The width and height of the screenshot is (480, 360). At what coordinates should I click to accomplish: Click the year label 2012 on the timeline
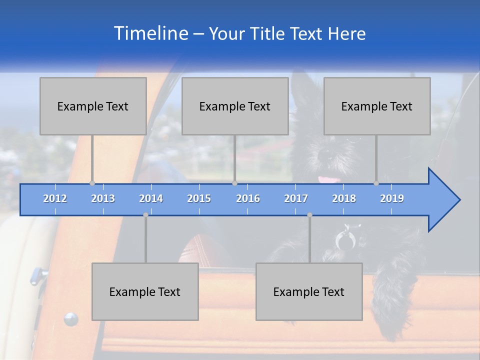(x=55, y=198)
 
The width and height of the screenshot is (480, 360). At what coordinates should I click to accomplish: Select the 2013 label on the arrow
(x=103, y=198)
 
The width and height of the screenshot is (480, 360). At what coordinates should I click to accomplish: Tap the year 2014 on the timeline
(x=151, y=198)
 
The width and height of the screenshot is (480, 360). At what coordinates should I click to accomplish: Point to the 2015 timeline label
(x=199, y=198)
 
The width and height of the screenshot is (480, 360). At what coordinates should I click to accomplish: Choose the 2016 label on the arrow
(x=248, y=198)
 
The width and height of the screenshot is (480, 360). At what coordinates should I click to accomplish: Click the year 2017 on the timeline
(x=296, y=198)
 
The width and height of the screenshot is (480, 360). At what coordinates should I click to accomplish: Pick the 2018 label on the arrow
(x=344, y=198)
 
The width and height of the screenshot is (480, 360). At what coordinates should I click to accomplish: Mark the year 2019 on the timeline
(x=392, y=198)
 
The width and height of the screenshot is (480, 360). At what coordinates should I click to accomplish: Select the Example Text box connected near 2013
(x=93, y=106)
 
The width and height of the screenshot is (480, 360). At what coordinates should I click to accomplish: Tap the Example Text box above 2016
(x=235, y=106)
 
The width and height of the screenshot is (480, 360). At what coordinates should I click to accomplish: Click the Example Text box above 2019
(x=377, y=106)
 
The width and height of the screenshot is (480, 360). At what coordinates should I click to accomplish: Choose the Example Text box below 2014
(x=145, y=291)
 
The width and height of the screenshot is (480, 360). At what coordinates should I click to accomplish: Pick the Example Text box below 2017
(x=309, y=291)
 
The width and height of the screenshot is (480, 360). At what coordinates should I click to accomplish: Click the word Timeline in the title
(x=150, y=33)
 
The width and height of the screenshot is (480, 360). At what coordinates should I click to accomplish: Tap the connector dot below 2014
(x=145, y=214)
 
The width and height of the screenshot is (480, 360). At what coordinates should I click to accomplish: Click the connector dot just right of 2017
(x=309, y=214)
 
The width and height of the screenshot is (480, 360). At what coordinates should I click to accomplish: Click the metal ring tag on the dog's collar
(x=344, y=240)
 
